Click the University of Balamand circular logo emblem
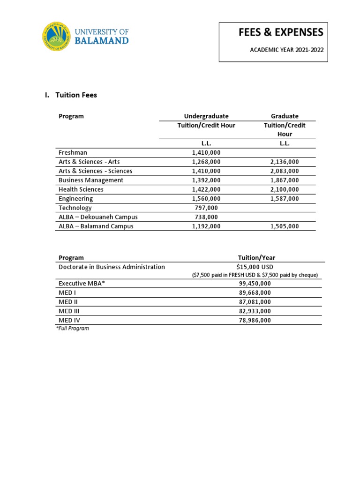57,36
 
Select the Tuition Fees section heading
76,95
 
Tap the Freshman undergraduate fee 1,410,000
206,152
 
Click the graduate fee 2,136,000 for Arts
285,162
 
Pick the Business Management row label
91,180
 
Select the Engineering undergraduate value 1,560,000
206,199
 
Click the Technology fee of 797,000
206,208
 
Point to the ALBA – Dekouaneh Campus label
98,217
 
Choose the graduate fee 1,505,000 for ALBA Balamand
285,226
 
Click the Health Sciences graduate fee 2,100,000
285,189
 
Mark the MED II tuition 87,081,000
255,302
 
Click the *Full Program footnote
72,328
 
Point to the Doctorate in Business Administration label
112,267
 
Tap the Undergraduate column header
206,116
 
